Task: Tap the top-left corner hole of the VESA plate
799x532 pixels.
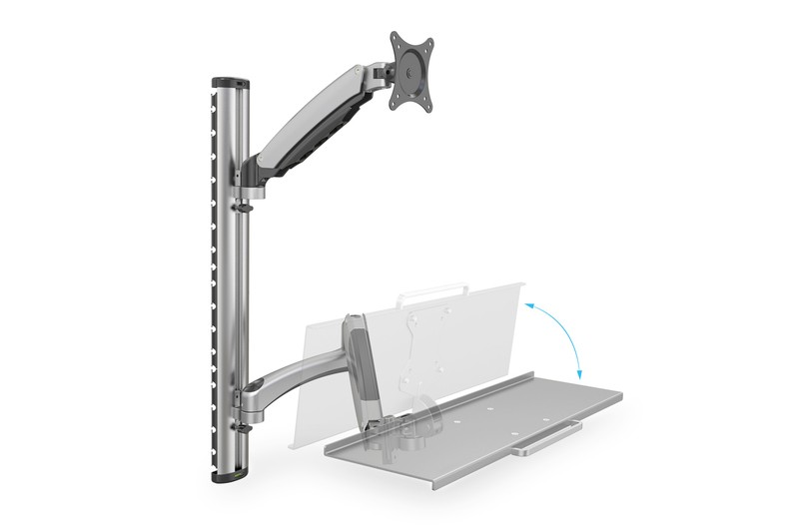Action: point(396,40)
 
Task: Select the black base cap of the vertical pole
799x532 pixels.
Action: point(229,476)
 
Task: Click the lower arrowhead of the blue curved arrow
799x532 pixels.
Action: point(578,375)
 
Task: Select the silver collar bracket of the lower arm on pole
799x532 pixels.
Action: point(246,397)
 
